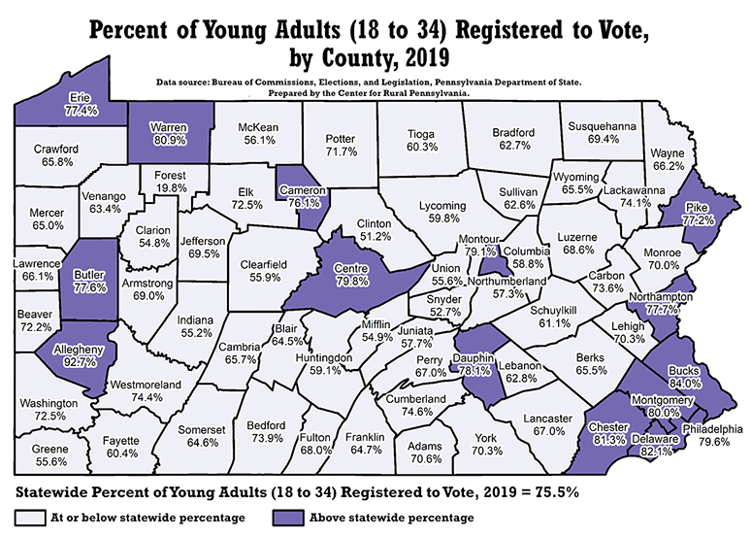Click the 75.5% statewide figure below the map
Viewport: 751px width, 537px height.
tap(555, 491)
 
